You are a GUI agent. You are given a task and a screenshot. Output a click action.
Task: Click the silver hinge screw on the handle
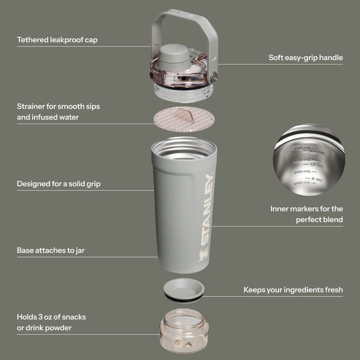pos(214,76)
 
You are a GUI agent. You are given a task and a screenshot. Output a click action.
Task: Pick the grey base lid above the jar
pos(184,289)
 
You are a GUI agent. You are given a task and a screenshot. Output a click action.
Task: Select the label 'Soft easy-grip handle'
pos(305,57)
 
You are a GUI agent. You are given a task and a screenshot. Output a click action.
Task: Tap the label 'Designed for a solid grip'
pos(58,183)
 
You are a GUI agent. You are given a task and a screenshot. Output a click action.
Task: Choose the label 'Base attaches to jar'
pos(50,250)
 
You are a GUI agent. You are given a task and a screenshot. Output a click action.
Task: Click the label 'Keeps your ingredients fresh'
pos(293,289)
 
